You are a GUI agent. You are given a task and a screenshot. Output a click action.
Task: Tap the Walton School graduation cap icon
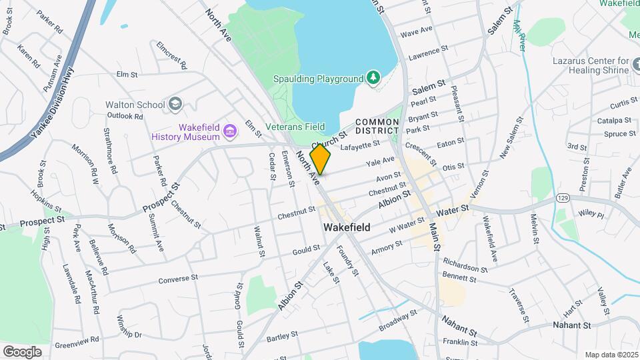(x=175, y=104)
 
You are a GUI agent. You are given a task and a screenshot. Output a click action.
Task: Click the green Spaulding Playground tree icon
(x=374, y=79)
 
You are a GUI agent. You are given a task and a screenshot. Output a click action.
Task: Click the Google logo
(x=22, y=351)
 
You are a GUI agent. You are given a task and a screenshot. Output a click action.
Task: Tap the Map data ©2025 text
(x=611, y=354)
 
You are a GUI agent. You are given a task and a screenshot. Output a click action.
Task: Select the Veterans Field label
(x=295, y=127)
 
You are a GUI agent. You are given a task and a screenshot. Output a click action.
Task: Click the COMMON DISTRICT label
(x=377, y=127)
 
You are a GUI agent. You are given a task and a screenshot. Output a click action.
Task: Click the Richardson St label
(x=465, y=265)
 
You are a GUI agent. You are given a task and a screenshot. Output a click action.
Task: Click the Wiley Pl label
(x=590, y=215)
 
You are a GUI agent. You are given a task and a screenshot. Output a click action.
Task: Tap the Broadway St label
(x=397, y=319)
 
